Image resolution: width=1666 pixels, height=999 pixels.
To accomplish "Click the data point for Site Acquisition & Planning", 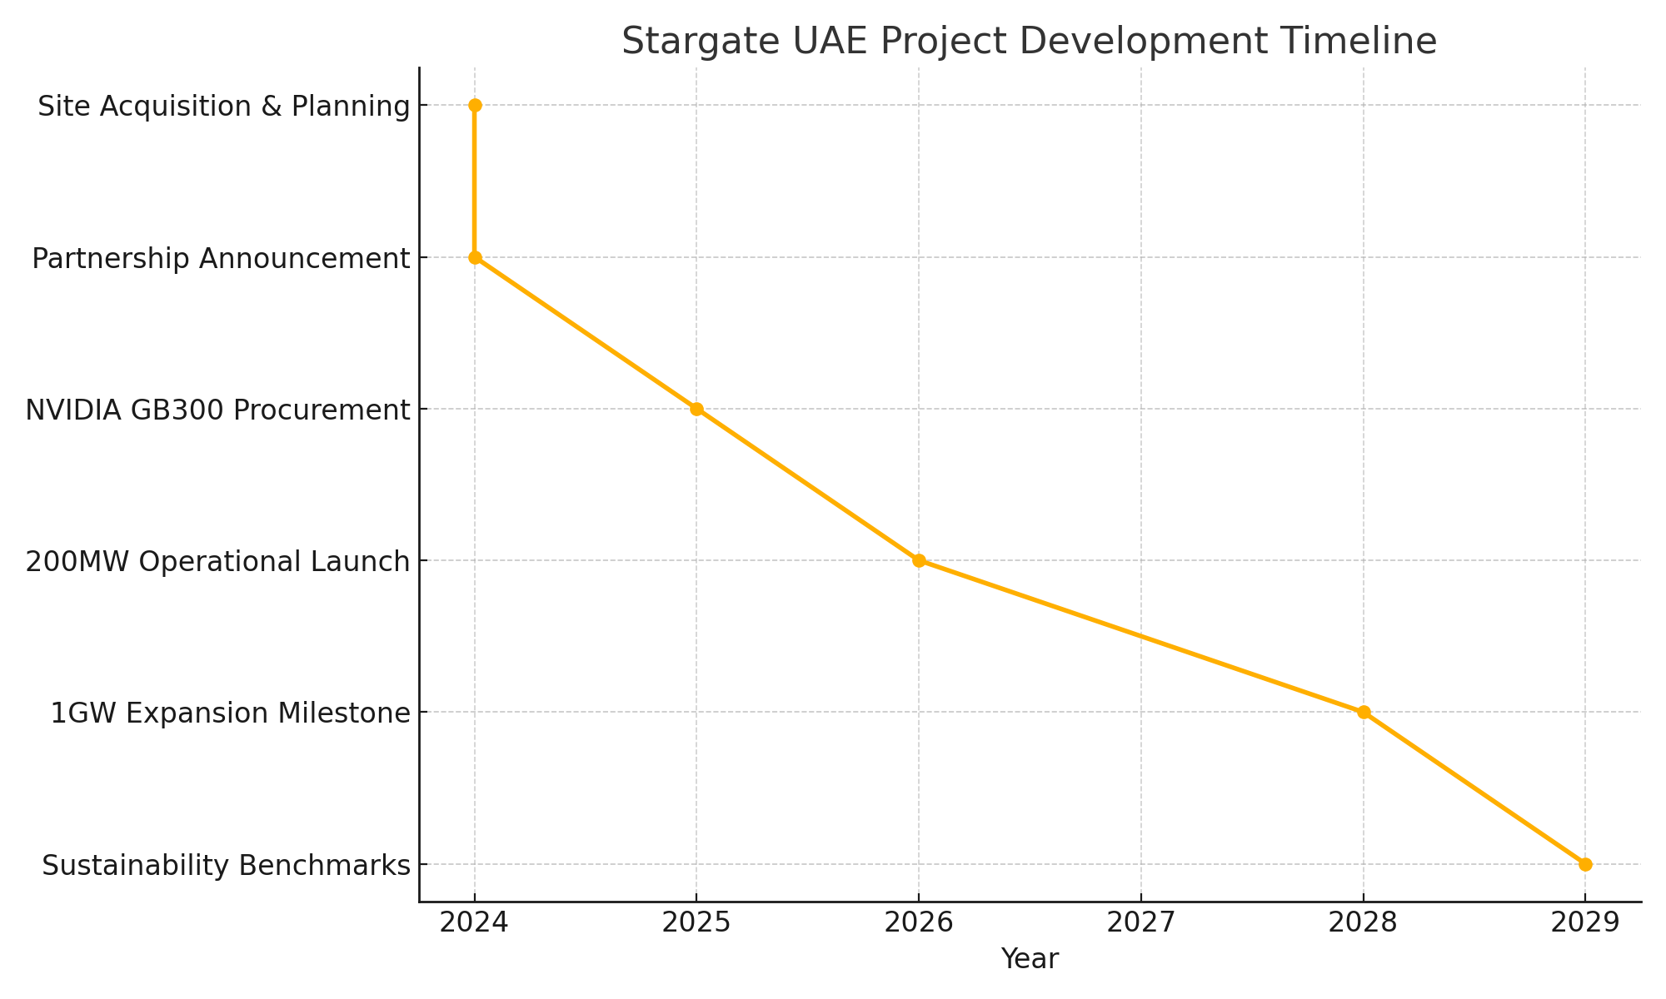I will click(x=475, y=105).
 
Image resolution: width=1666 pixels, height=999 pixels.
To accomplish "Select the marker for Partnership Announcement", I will click(x=475, y=257).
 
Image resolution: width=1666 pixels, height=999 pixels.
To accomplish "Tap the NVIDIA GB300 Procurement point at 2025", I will click(x=696, y=409).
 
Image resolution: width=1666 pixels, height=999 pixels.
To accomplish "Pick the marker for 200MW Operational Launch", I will click(x=919, y=560).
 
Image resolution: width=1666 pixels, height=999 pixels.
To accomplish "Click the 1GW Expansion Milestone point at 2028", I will click(x=1364, y=712).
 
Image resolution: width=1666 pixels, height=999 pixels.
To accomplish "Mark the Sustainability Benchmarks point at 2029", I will click(x=1585, y=864).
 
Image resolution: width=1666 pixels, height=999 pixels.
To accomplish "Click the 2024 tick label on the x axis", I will click(x=475, y=923).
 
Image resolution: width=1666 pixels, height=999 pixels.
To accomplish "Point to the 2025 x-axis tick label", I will click(x=696, y=923).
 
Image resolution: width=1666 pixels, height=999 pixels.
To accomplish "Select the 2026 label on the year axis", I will click(x=919, y=923).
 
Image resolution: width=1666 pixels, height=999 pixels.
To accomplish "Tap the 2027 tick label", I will click(x=1140, y=923).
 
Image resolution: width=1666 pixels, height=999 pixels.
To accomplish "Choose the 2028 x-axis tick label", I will click(x=1364, y=923).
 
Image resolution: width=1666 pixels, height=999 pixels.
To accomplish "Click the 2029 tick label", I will click(x=1585, y=923).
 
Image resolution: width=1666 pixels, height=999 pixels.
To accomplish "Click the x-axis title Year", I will click(x=1030, y=959).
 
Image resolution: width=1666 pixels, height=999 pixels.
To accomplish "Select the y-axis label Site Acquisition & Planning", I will click(x=224, y=107).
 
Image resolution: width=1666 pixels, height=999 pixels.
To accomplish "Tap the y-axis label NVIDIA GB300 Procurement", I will click(x=218, y=410).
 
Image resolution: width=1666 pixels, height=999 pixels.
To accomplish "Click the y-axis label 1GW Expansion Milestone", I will click(x=230, y=713).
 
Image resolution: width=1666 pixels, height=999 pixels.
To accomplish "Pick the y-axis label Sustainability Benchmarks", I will click(x=226, y=866).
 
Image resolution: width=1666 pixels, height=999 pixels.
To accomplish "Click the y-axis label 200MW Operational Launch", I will click(x=218, y=562).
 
